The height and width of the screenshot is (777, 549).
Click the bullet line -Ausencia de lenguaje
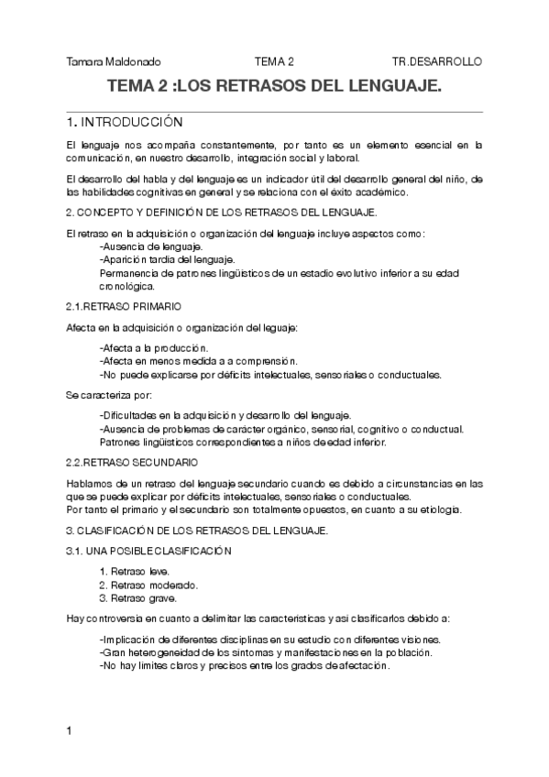(151, 247)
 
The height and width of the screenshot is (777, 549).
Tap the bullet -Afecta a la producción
(153, 348)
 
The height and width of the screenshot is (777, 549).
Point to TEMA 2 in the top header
(274, 61)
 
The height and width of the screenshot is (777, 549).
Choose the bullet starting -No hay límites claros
(244, 666)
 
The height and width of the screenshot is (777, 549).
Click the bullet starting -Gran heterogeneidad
(265, 652)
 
